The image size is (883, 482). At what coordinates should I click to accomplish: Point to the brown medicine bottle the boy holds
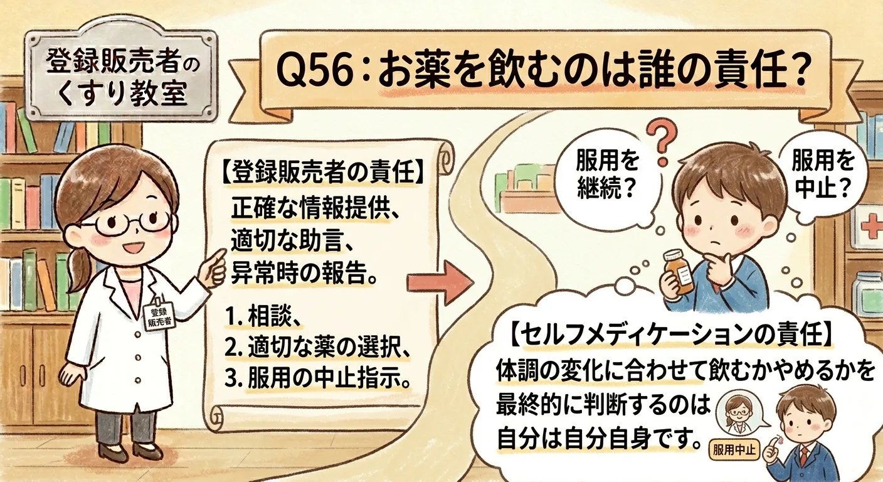(679, 270)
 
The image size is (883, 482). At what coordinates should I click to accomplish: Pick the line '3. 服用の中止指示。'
(319, 380)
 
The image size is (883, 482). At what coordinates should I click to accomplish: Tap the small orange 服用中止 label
(733, 449)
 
